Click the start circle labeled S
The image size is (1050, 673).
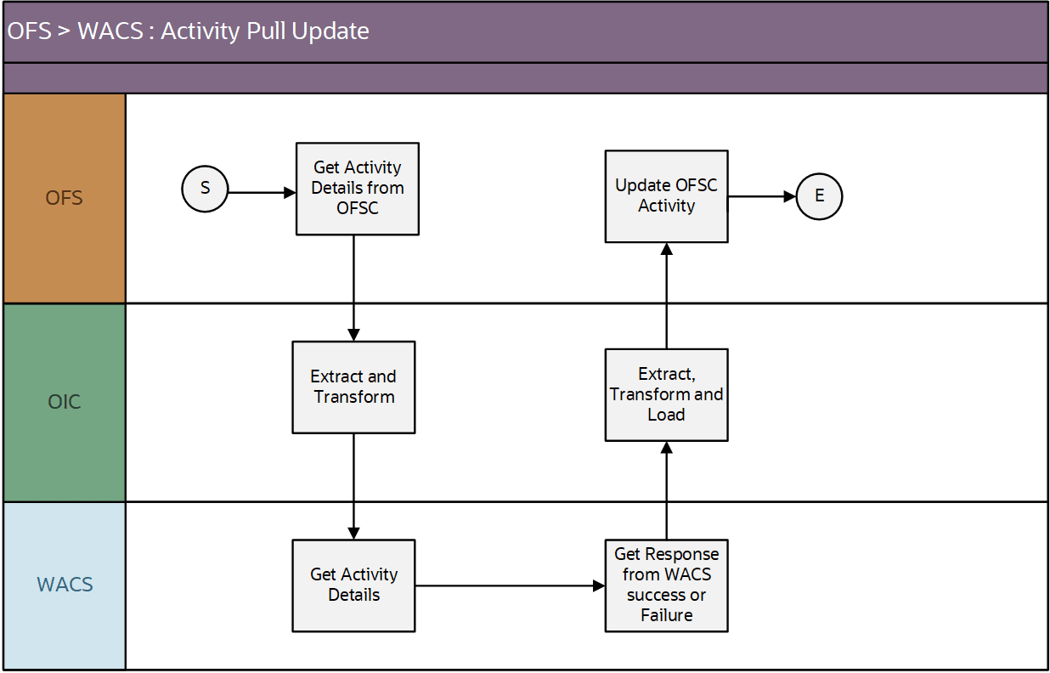(205, 189)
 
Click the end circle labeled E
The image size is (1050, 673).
(819, 196)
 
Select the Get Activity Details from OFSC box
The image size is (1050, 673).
(357, 189)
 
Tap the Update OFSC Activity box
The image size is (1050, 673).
(666, 196)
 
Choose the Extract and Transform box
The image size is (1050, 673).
(353, 387)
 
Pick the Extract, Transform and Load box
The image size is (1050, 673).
(666, 394)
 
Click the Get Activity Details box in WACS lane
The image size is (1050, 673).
(353, 585)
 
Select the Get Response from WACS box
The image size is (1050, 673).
(666, 585)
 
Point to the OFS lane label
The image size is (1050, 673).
(65, 198)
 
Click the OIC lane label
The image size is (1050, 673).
(65, 402)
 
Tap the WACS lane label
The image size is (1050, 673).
(65, 585)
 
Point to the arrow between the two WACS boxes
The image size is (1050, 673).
(510, 585)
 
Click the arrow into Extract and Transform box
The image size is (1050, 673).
(353, 289)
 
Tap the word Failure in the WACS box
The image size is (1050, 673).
(666, 615)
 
